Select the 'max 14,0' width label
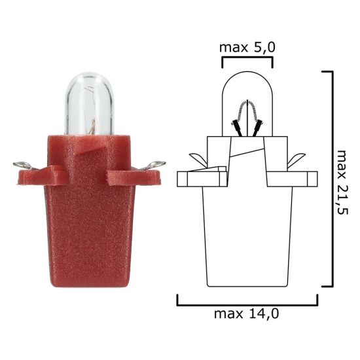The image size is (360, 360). [247, 314]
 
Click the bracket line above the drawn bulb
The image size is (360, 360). [247, 58]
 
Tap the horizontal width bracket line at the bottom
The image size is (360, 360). [247, 304]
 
